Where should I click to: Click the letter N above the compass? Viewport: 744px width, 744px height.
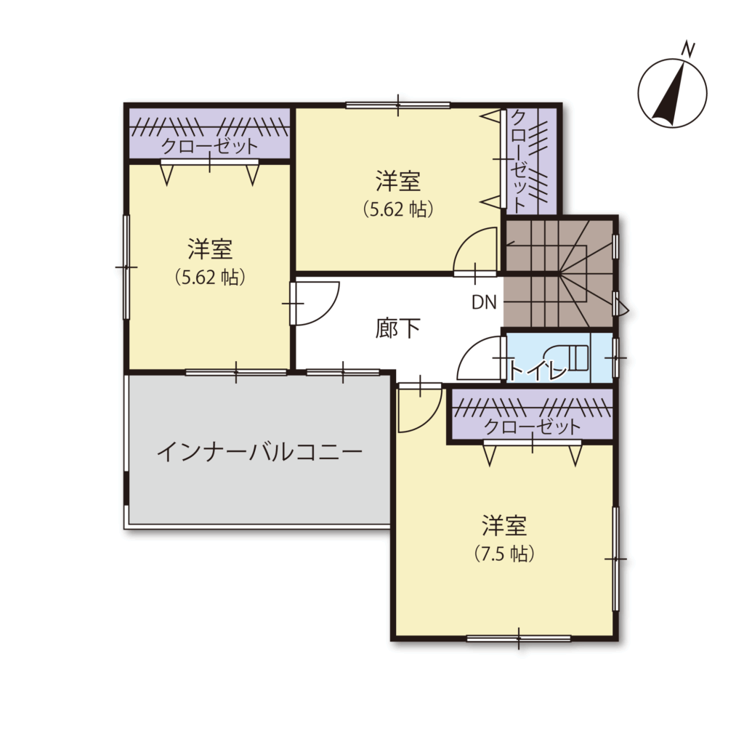[688, 49]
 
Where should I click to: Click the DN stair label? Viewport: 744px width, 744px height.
[484, 302]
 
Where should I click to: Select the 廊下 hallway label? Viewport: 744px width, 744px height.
[397, 328]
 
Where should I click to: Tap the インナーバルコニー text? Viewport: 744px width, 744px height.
[259, 453]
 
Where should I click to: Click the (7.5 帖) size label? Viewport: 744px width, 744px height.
[504, 554]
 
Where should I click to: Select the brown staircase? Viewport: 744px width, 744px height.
[559, 273]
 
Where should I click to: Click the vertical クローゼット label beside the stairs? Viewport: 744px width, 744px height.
[519, 161]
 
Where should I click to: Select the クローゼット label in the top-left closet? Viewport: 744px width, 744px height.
[210, 145]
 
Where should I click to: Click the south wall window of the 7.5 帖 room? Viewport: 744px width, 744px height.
[519, 638]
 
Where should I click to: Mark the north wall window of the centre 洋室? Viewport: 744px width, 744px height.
[397, 105]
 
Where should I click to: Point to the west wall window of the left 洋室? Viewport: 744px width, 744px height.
[126, 267]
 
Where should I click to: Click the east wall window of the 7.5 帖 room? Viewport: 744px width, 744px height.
[615, 559]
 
